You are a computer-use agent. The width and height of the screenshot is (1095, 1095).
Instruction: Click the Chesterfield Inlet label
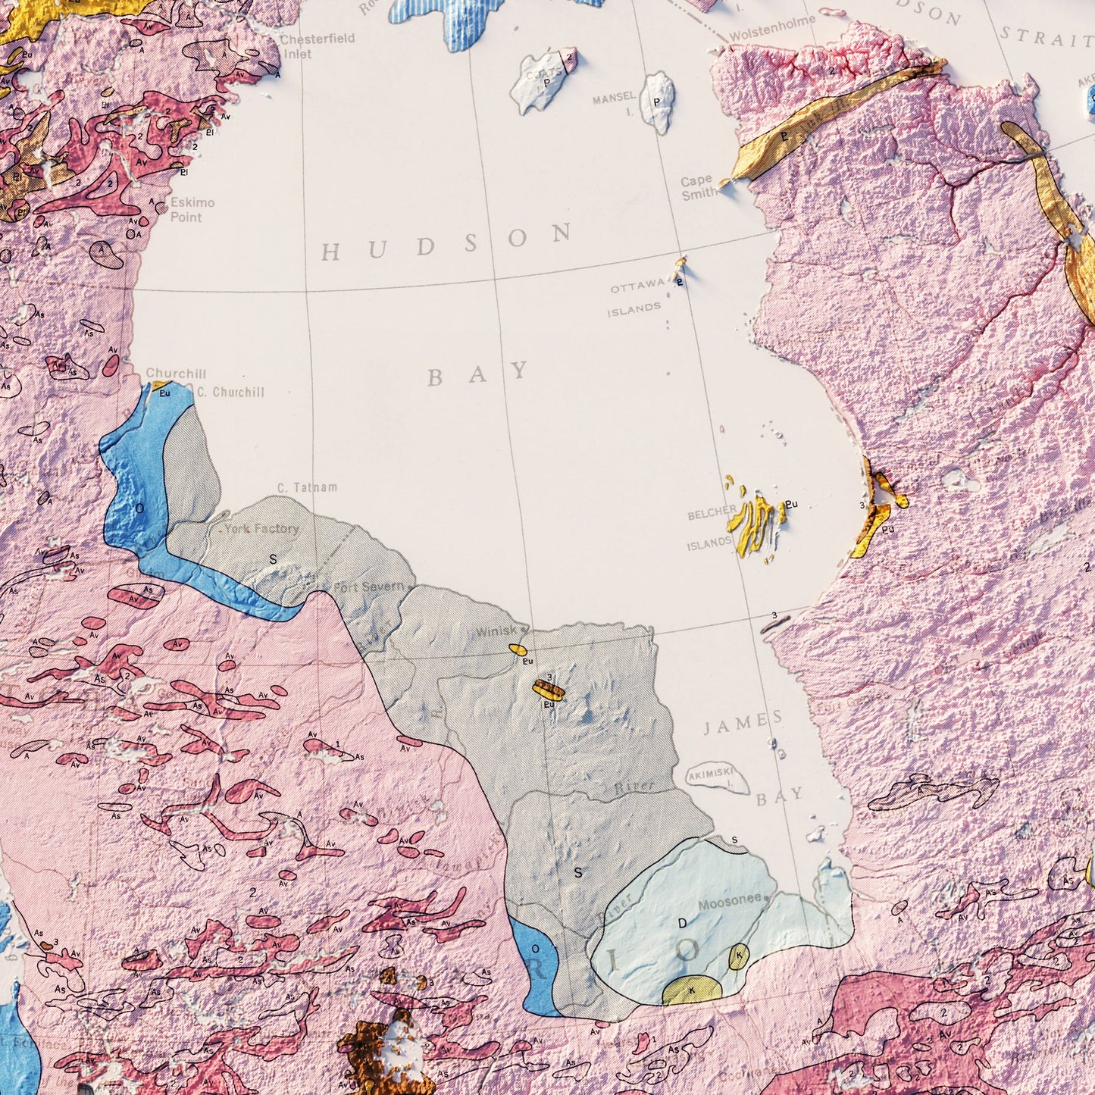(x=316, y=46)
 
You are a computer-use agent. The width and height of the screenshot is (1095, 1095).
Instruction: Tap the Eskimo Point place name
(x=192, y=210)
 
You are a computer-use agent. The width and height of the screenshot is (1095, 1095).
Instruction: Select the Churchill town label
(x=176, y=374)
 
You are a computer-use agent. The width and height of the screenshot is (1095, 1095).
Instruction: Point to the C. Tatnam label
(x=307, y=487)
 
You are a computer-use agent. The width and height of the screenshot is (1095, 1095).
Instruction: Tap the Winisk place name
(x=497, y=631)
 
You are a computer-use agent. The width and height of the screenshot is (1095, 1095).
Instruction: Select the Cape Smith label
(x=698, y=187)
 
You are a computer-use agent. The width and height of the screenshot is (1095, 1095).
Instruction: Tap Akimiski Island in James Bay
(x=718, y=778)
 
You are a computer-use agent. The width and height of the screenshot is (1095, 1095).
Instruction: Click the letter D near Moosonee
(x=682, y=923)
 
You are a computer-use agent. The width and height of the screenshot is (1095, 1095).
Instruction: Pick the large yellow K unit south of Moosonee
(x=692, y=990)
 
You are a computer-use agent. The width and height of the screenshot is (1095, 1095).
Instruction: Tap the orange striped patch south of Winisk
(x=548, y=689)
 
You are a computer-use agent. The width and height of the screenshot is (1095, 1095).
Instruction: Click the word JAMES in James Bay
(x=743, y=724)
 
